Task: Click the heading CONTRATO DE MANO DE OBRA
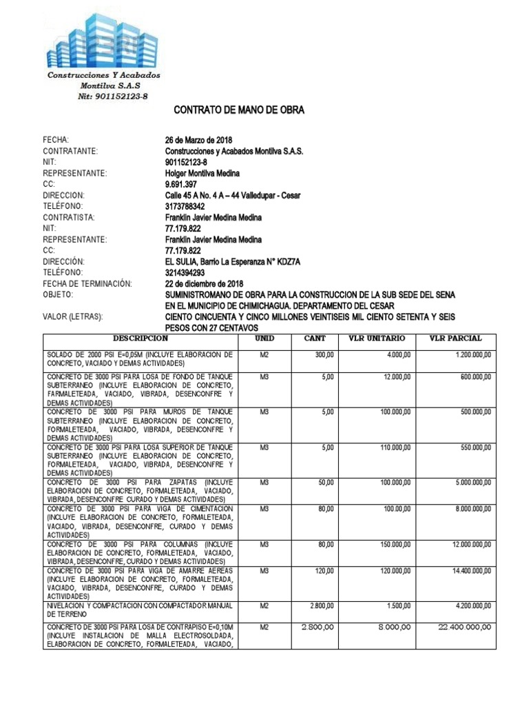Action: coord(238,110)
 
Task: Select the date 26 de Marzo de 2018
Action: coord(199,140)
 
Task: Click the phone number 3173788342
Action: coord(185,206)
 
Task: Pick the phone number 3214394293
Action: coord(185,272)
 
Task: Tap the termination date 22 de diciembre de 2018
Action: coord(205,283)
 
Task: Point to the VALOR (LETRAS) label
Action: coord(73,316)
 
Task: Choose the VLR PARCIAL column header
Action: coord(455,339)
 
